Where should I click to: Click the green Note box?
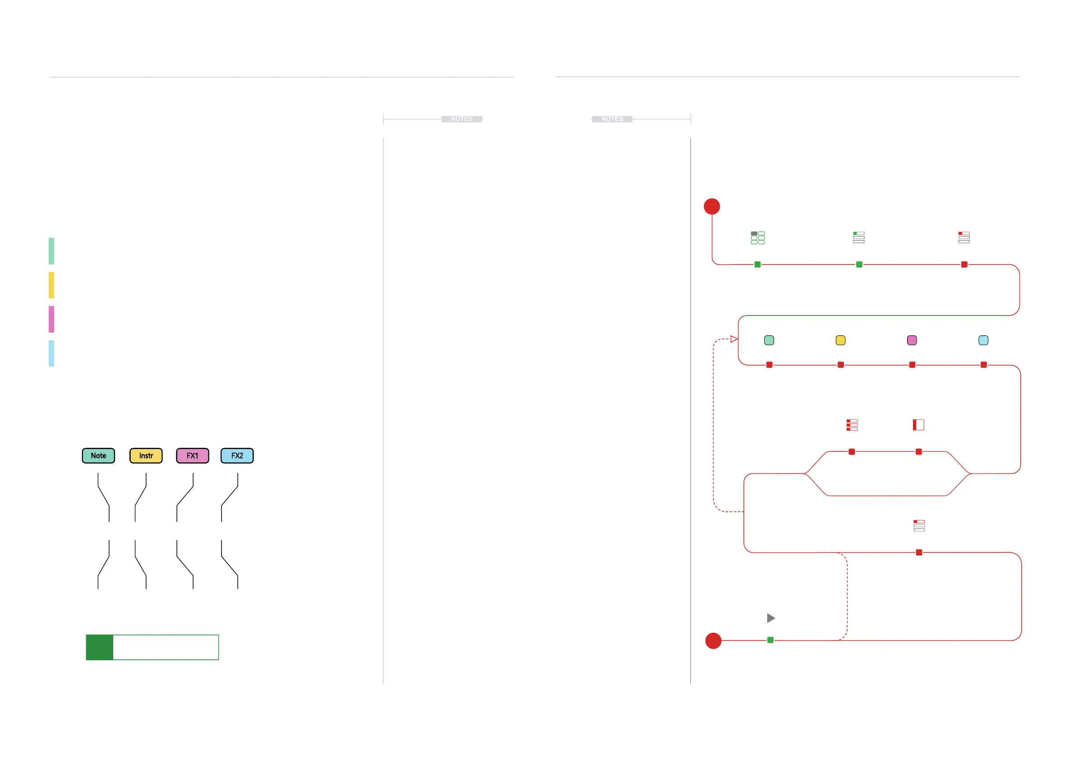coord(98,456)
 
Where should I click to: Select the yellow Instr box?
coord(146,456)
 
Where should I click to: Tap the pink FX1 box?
coord(192,456)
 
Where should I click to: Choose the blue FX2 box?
coord(237,456)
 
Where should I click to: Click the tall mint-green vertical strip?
coord(51,251)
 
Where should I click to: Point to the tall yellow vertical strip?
coord(51,285)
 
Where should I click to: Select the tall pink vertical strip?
coord(51,319)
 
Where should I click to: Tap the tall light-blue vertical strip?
coord(51,353)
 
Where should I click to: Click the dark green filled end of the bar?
coord(100,647)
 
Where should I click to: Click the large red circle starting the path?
coord(711,206)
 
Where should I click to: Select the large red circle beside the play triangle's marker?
coord(713,641)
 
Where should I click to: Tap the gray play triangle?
coord(771,618)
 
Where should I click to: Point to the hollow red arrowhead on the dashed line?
coord(734,339)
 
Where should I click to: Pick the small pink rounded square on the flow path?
coord(912,340)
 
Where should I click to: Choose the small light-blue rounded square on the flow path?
coord(983,340)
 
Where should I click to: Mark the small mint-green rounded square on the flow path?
coord(769,340)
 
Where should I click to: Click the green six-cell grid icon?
coord(758,238)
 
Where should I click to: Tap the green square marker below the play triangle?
coord(770,640)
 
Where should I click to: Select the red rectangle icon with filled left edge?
coord(918,425)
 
